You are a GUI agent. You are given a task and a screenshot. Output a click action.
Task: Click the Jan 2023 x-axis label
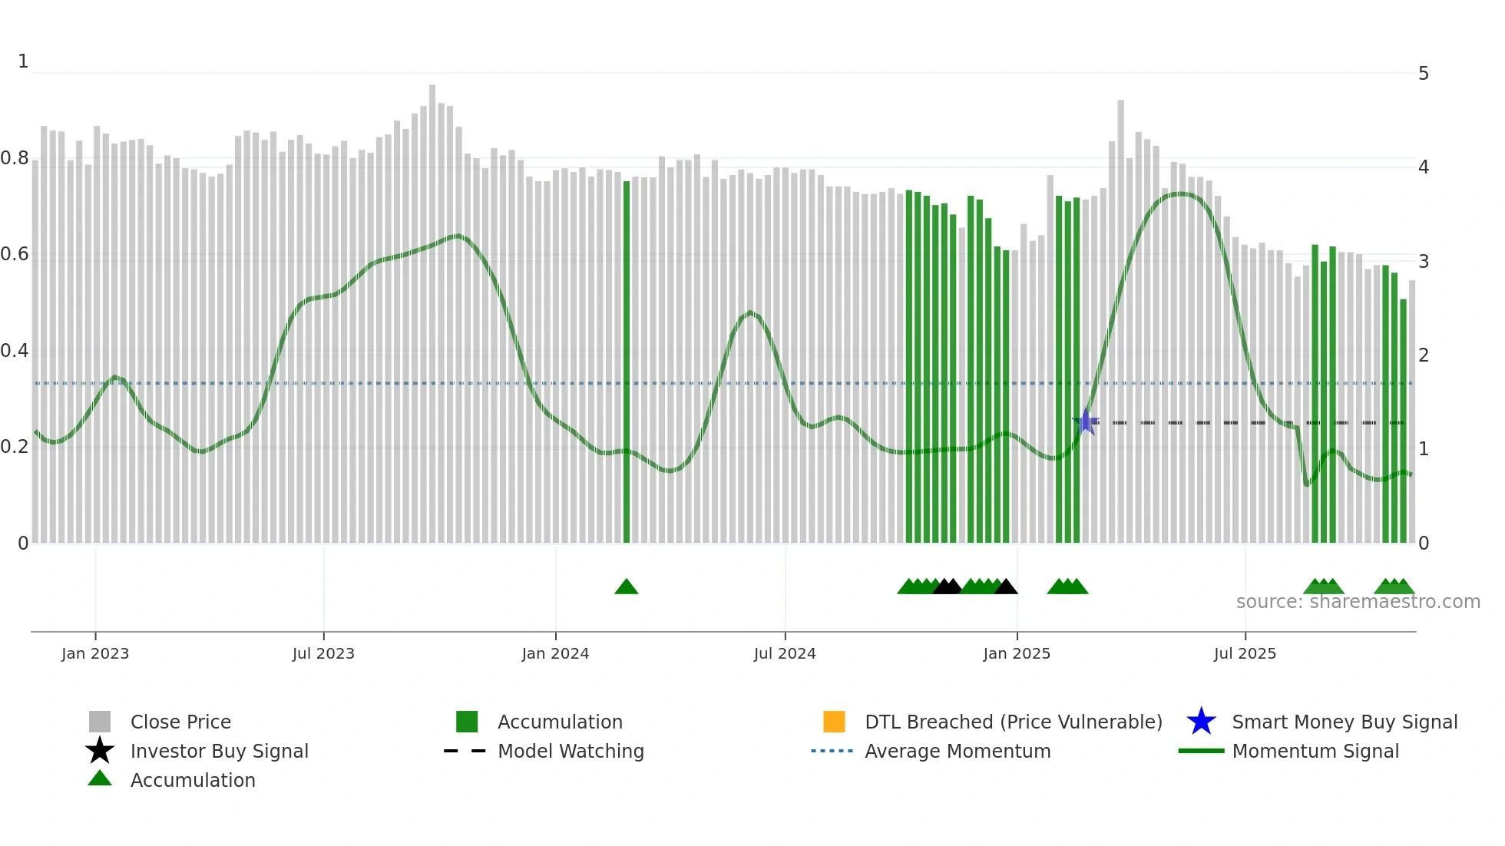pos(95,653)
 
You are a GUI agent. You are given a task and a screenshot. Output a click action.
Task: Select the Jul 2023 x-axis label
pos(323,653)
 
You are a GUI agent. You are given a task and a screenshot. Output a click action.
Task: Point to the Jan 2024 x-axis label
pos(555,653)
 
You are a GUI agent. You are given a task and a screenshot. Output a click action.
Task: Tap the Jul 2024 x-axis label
pos(785,653)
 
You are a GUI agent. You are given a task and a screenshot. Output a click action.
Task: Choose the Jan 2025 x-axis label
pos(1017,653)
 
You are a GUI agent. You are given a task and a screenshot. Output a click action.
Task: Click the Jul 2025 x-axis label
pos(1245,653)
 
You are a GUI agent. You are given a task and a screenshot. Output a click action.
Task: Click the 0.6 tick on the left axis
pos(15,254)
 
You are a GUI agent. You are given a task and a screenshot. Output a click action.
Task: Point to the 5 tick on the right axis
pos(1424,74)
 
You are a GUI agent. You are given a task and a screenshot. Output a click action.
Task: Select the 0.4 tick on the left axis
pos(15,351)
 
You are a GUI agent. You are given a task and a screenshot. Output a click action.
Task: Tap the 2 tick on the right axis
pos(1424,355)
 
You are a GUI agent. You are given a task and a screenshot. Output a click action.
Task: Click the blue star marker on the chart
pos(1086,421)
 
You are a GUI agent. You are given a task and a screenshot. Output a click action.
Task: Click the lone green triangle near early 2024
pos(627,587)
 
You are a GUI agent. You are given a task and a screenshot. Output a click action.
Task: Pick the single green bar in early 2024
pos(627,361)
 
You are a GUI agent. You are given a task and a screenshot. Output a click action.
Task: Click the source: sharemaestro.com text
pos(1358,602)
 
